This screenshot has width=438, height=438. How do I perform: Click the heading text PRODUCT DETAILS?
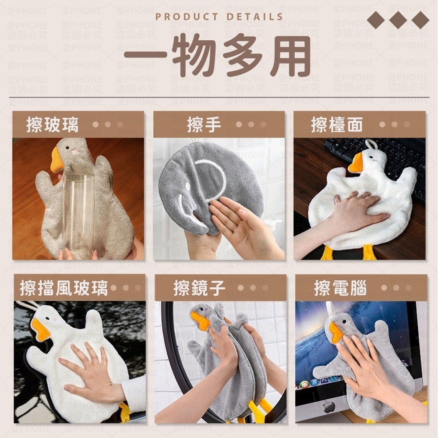pos(219,17)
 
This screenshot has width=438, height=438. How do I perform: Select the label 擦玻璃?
pos(53,125)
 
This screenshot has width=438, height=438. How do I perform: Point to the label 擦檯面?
pos(337,125)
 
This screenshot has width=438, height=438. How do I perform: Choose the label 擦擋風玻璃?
pos(64,289)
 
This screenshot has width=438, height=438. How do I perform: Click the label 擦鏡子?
pos(199,289)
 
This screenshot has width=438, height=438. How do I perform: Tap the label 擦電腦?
pos(340,289)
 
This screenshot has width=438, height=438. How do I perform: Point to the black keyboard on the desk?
pos(385,158)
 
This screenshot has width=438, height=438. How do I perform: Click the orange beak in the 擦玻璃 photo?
pos(57,160)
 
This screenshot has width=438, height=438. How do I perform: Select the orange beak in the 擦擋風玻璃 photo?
pos(40,329)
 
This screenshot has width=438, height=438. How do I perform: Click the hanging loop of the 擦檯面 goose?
pos(371,143)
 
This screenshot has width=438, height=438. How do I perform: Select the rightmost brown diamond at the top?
pos(420,20)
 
